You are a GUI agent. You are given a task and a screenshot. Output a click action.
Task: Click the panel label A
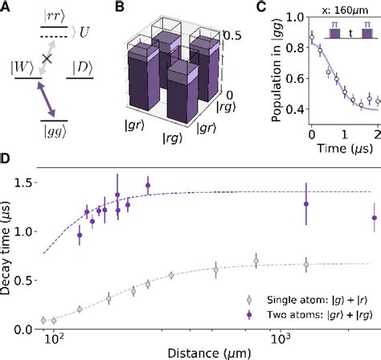(6, 7)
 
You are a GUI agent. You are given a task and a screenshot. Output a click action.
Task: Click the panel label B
(121, 7)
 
